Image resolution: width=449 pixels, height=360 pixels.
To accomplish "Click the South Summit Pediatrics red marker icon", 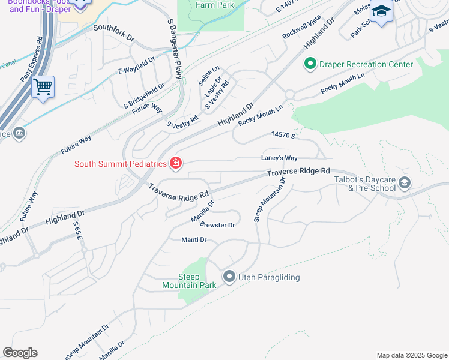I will (x=176, y=163).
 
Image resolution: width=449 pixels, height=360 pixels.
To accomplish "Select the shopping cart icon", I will (x=43, y=87).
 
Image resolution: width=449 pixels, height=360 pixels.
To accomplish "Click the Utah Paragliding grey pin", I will (x=229, y=277).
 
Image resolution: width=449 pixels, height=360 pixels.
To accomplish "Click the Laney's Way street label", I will (x=279, y=158).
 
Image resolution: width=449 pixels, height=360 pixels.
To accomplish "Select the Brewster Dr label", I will (x=217, y=224).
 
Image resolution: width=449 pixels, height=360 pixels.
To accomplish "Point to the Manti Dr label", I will (x=194, y=239).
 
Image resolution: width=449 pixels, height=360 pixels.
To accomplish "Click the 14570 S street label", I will (x=283, y=136).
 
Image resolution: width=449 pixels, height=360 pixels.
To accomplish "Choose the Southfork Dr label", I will (x=114, y=32).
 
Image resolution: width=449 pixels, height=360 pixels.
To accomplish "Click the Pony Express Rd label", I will (x=31, y=58).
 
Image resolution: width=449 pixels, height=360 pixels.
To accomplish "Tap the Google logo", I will (x=20, y=353).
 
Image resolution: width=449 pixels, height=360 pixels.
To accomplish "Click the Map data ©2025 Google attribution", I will (x=411, y=355).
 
